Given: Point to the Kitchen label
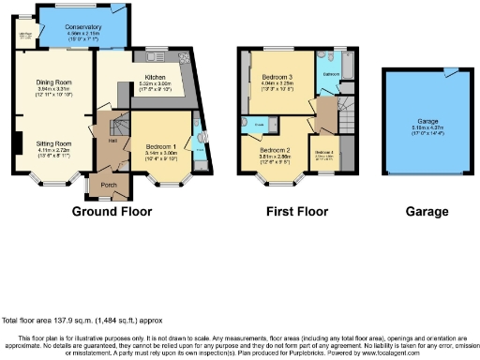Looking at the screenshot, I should pyautogui.click(x=154, y=79).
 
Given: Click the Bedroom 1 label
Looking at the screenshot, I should pyautogui.click(x=163, y=147).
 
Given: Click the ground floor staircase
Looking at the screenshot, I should pyautogui.click(x=120, y=127).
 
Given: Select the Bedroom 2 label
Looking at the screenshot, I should pyautogui.click(x=276, y=150).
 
